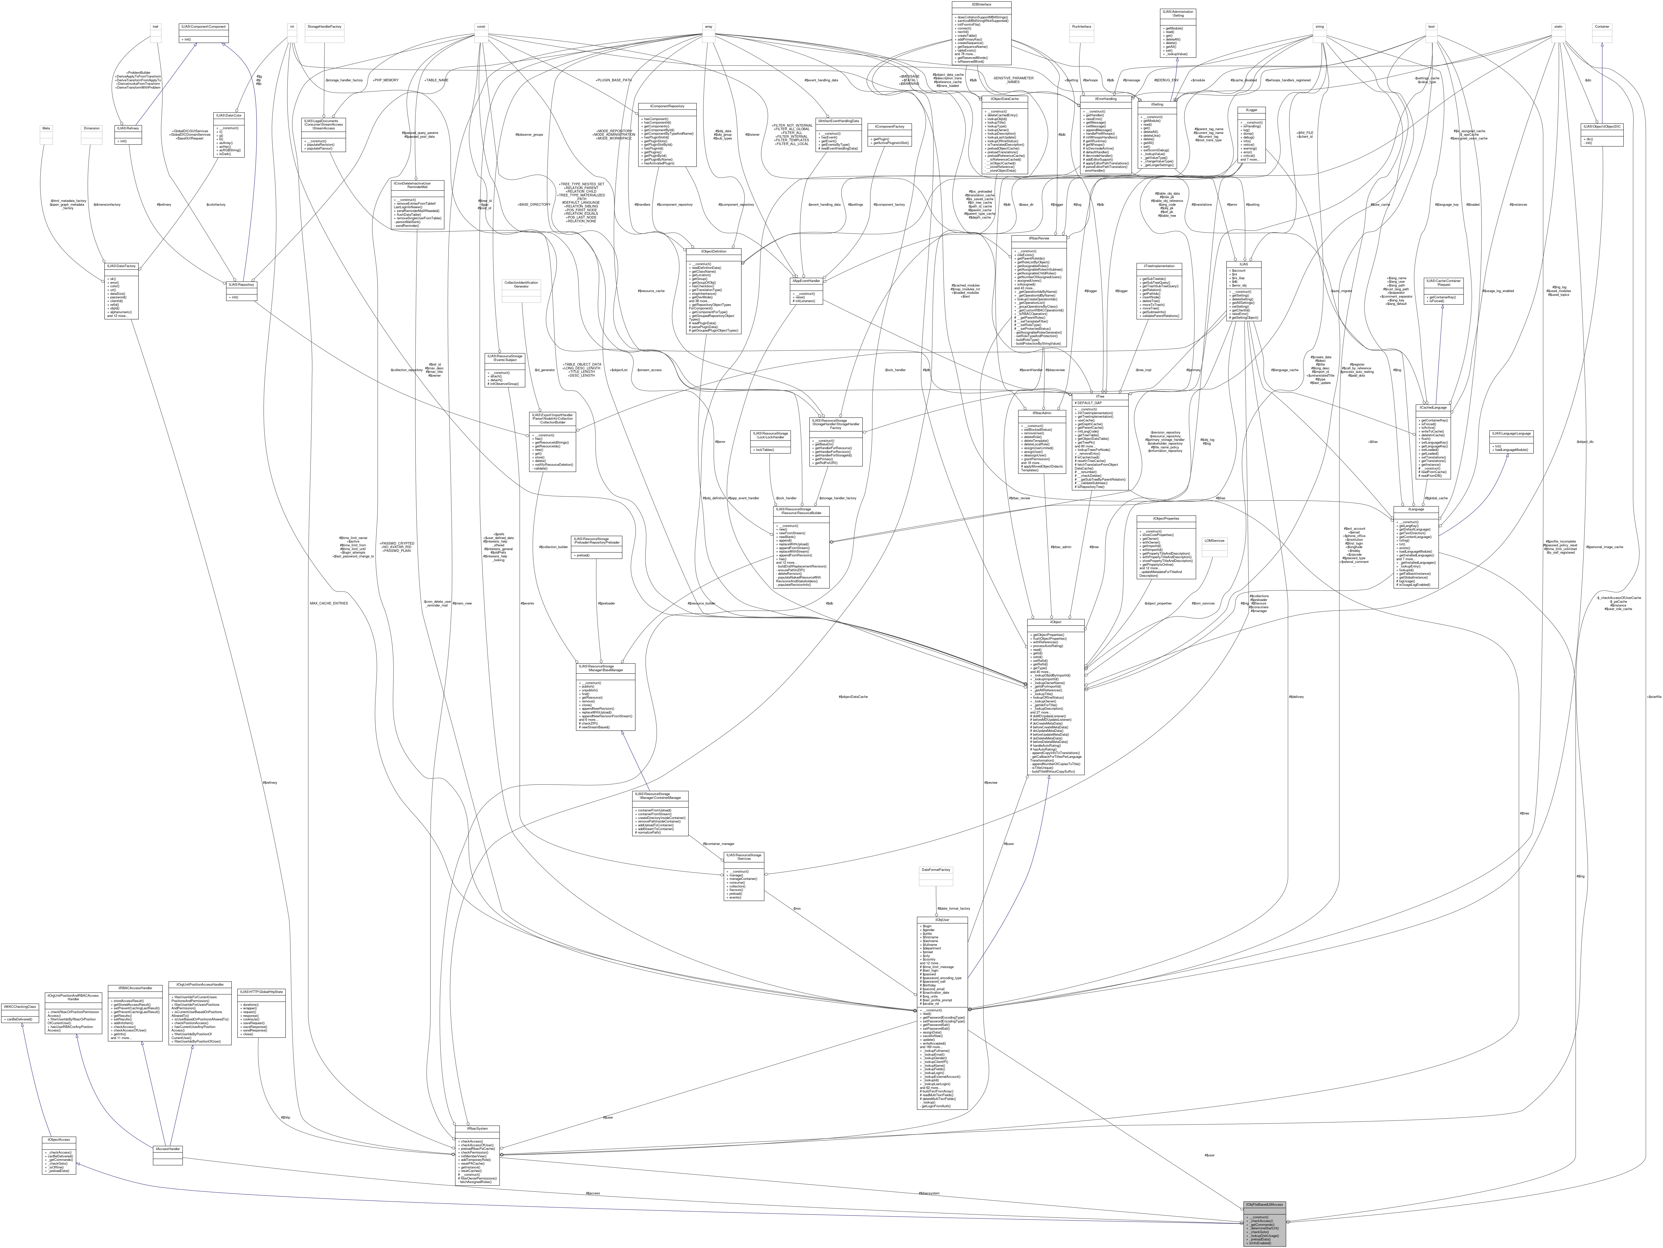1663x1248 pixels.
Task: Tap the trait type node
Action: (156, 27)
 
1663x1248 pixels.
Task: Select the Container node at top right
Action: (1602, 27)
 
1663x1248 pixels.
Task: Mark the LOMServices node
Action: (1214, 541)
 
